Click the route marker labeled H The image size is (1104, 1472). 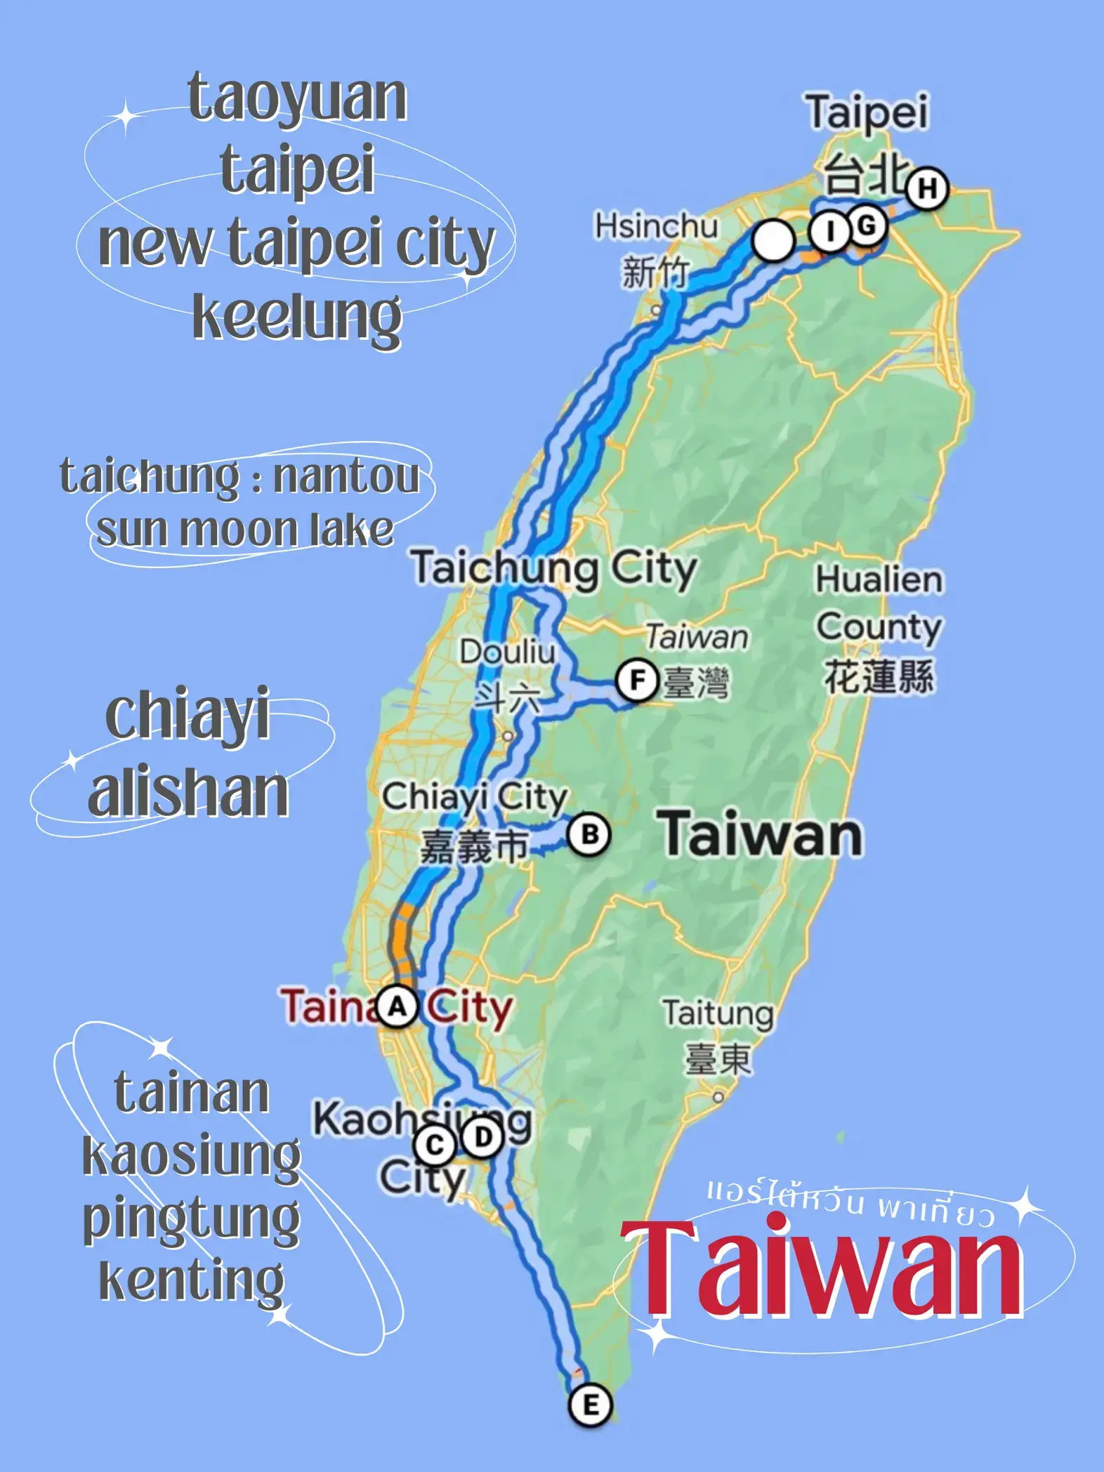[927, 188]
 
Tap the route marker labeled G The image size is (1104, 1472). [867, 226]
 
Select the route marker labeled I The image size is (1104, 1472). [830, 230]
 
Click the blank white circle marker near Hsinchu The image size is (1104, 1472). [773, 241]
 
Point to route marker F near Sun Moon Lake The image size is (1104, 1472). [637, 680]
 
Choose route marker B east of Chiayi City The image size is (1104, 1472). [589, 835]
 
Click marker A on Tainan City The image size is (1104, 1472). [397, 1006]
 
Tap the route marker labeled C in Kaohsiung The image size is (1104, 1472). [435, 1145]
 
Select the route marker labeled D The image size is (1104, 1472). [483, 1137]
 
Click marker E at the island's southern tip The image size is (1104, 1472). [590, 1405]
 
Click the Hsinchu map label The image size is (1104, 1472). [656, 226]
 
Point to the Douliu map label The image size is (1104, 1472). [507, 652]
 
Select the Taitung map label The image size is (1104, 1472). [718, 1013]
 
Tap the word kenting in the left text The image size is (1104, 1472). [192, 1280]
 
